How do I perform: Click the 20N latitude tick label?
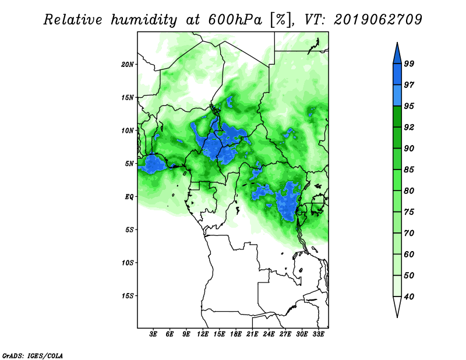point(128,65)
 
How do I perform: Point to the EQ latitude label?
point(129,197)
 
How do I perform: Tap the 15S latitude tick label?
point(128,296)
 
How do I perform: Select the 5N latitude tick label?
point(129,164)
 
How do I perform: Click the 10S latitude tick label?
point(128,263)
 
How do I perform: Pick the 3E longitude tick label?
point(153,334)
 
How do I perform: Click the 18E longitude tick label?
point(236,334)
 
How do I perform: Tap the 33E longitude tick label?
point(318,334)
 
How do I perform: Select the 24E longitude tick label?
point(269,334)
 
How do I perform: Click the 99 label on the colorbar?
point(409,63)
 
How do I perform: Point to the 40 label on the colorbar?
point(409,297)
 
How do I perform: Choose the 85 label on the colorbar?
point(409,170)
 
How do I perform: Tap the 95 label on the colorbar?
point(409,106)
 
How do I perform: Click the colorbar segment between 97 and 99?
point(397,75)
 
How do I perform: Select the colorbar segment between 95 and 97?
point(397,96)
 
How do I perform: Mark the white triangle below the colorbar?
point(397,306)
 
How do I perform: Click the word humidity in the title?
point(144,20)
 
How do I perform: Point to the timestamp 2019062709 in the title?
point(377,20)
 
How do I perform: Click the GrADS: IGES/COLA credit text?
point(33,355)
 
